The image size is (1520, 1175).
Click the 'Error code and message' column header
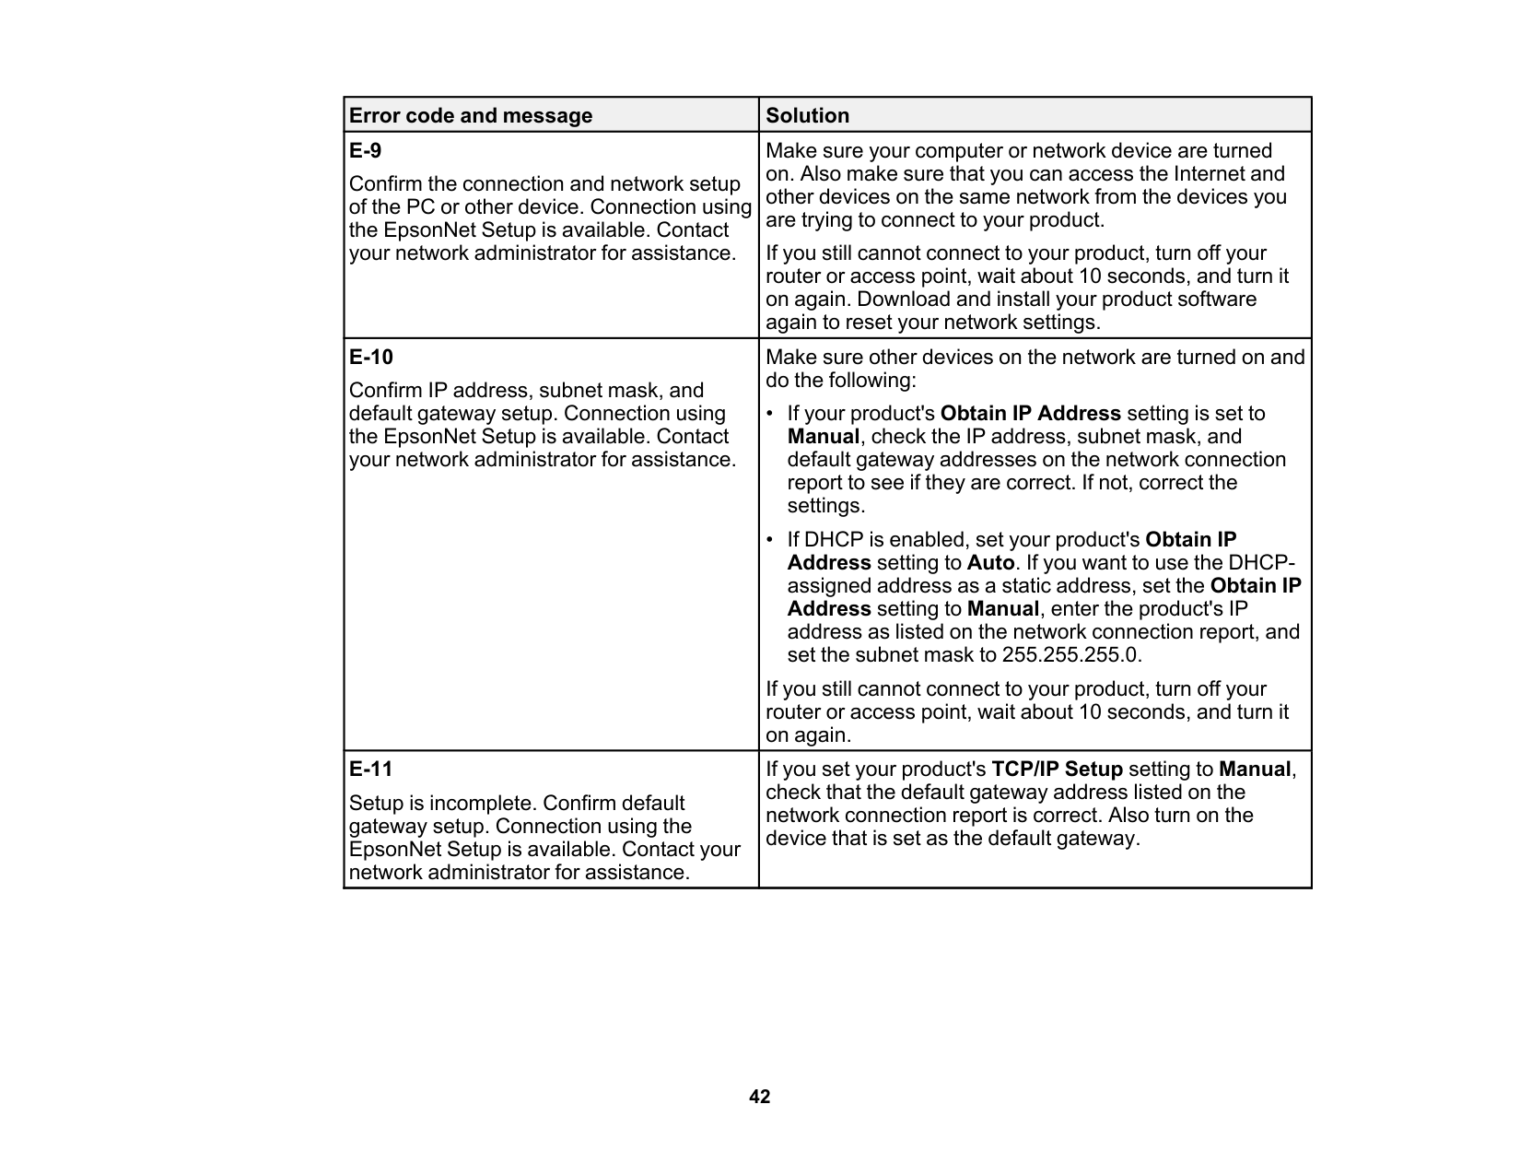pos(471,116)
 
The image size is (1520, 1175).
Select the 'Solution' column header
pos(808,116)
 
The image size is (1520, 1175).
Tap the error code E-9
pos(365,150)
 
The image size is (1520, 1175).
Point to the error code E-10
pos(370,357)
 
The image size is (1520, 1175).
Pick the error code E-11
pos(370,769)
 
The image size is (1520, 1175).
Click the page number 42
pos(760,1097)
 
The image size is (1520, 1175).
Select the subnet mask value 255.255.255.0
pos(1070,655)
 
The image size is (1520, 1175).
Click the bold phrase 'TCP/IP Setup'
pos(1057,770)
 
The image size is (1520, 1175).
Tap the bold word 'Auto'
pos(990,563)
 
